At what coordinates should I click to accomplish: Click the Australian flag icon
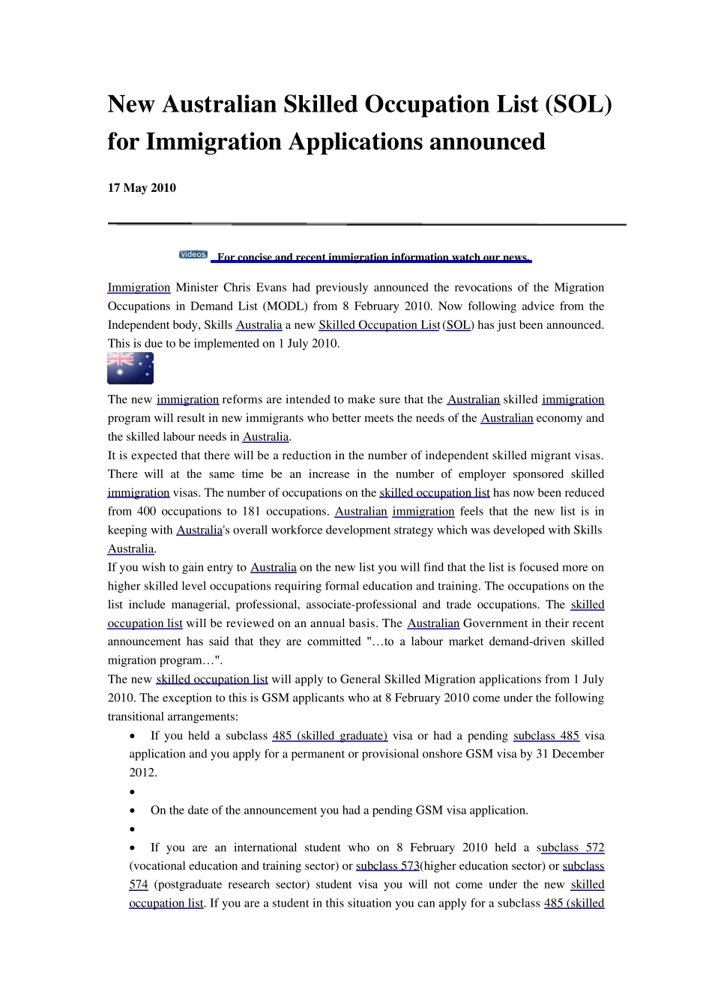pos(130,368)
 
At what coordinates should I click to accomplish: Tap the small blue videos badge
pos(193,255)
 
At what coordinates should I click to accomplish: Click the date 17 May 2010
pos(142,188)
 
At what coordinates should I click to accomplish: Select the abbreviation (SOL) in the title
pos(578,104)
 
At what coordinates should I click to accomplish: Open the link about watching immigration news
pos(372,258)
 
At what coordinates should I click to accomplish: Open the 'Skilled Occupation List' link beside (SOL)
pos(379,325)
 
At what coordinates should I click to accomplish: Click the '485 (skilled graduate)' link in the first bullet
pos(330,736)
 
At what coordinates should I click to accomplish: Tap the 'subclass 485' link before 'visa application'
pos(546,736)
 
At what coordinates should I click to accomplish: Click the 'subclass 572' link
pos(572,847)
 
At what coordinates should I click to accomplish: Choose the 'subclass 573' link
pos(387,866)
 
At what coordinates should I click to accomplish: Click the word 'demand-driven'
pos(497,642)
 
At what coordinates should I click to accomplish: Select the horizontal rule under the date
pos(366,224)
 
